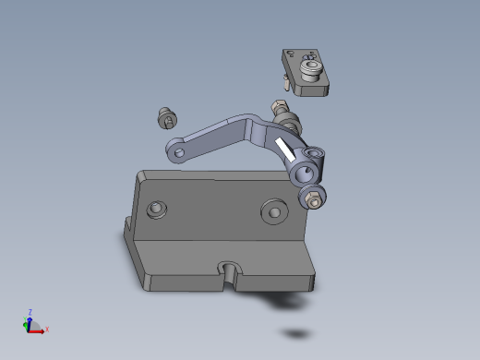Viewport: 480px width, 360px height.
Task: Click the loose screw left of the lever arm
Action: tap(166, 117)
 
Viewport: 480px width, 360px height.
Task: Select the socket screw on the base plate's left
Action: tap(158, 210)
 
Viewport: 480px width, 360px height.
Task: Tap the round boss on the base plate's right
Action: tap(274, 210)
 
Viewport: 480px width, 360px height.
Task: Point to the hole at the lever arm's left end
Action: tap(179, 150)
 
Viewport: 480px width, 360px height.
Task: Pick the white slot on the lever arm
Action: tap(285, 150)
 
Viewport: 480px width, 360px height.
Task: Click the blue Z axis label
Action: tap(30, 312)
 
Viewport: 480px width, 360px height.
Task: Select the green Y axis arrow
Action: tap(27, 324)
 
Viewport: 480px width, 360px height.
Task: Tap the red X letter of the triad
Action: tap(47, 329)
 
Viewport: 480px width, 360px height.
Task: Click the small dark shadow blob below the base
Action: tap(296, 333)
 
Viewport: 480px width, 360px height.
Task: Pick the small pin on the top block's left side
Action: tap(288, 85)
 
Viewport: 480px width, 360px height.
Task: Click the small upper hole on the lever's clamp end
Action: tap(318, 151)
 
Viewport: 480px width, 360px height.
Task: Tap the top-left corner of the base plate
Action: tap(139, 173)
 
